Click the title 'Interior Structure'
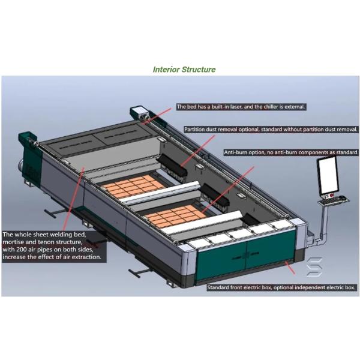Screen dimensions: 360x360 click(184, 70)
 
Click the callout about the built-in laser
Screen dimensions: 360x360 click(241, 107)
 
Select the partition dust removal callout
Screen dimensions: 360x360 click(271, 129)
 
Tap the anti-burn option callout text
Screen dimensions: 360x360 click(291, 152)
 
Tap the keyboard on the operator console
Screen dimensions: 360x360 click(334, 200)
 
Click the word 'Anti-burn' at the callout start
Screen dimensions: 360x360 click(238, 152)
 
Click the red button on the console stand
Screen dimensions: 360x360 click(329, 195)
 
